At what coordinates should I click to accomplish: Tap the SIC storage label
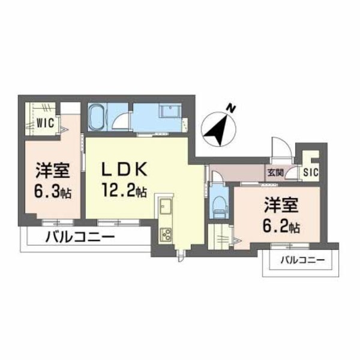click(311, 173)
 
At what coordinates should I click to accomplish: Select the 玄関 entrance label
click(275, 173)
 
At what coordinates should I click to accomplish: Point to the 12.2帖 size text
click(124, 191)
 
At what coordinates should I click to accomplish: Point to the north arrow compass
click(218, 127)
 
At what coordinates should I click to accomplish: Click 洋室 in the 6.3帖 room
click(49, 170)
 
